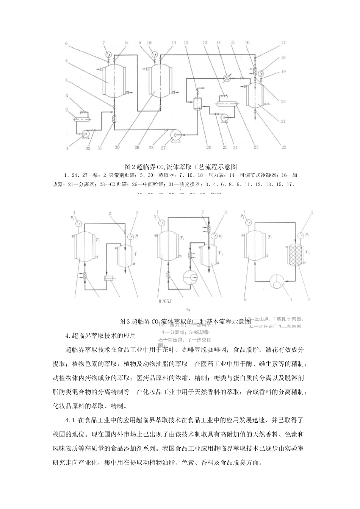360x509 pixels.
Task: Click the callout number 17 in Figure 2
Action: coord(283,43)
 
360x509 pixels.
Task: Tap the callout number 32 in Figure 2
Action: coord(88,149)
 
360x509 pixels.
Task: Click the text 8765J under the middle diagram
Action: coord(166,302)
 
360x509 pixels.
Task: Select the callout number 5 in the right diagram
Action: coord(245,300)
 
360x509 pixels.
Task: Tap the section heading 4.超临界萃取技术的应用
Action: coord(100,335)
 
